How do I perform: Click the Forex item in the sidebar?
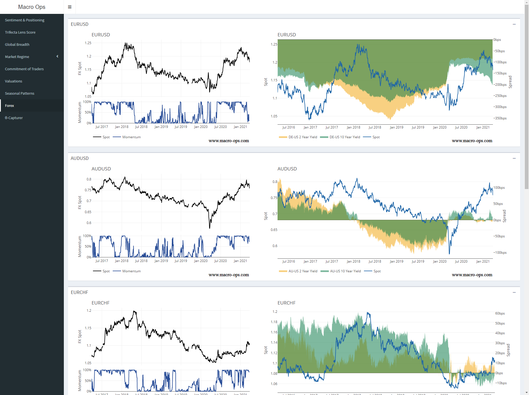(x=9, y=106)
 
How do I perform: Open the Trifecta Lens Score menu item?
(x=20, y=32)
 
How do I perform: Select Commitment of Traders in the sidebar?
(x=24, y=69)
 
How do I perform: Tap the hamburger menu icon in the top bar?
(x=70, y=7)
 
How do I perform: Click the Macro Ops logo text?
(x=32, y=7)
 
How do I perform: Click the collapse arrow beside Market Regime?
(x=57, y=57)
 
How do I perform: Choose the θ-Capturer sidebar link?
(x=14, y=118)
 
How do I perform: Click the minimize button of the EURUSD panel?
(x=514, y=24)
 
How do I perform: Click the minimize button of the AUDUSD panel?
(x=514, y=158)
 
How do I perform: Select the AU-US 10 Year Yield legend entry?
(x=345, y=271)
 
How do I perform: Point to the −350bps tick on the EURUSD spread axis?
(x=500, y=118)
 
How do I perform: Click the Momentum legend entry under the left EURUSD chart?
(x=131, y=137)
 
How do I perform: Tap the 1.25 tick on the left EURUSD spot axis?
(x=88, y=43)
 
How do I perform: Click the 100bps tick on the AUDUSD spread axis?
(x=499, y=188)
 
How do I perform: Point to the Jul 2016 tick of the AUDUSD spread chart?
(x=289, y=261)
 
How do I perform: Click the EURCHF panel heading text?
(x=79, y=293)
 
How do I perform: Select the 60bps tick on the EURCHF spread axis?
(x=500, y=313)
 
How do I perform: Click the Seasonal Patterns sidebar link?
(x=20, y=94)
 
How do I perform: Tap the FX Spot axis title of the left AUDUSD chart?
(x=80, y=202)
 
